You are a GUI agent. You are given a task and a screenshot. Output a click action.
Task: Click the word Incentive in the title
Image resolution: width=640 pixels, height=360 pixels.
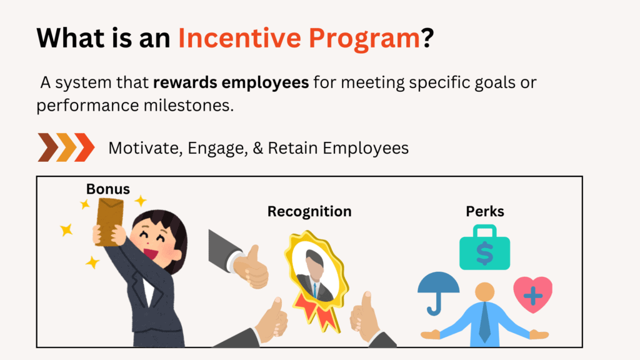pos(238,38)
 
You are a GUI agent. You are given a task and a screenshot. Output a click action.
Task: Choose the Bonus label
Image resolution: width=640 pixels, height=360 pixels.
pos(108,188)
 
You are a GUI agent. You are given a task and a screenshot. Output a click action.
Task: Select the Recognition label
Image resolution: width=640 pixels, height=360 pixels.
pos(309,212)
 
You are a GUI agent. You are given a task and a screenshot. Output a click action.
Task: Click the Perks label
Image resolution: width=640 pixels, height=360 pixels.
pos(485,212)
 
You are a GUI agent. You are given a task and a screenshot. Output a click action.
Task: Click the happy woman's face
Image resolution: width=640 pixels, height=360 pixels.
pos(159,242)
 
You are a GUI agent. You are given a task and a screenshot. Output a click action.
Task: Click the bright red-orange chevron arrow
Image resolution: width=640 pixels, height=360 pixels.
pos(84,147)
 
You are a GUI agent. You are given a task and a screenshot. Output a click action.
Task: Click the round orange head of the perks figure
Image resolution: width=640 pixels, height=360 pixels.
pos(484,292)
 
